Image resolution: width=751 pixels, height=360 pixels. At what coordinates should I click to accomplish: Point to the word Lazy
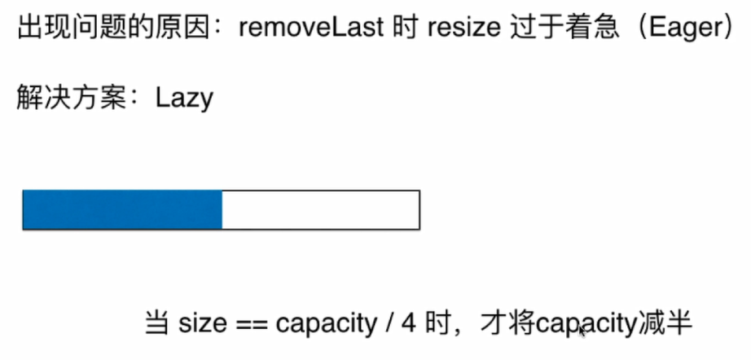tap(185, 99)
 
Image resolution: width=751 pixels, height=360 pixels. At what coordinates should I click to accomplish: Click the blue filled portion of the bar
tap(122, 209)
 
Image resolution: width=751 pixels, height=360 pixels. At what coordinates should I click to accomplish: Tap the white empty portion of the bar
tap(320, 209)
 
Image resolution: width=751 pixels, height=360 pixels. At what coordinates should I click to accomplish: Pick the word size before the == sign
tap(200, 323)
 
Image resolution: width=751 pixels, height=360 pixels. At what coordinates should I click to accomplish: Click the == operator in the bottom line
tap(249, 324)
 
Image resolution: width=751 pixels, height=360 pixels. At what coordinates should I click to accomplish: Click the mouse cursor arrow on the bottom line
tap(582, 330)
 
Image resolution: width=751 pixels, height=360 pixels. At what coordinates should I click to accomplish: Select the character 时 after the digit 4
tap(437, 323)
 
